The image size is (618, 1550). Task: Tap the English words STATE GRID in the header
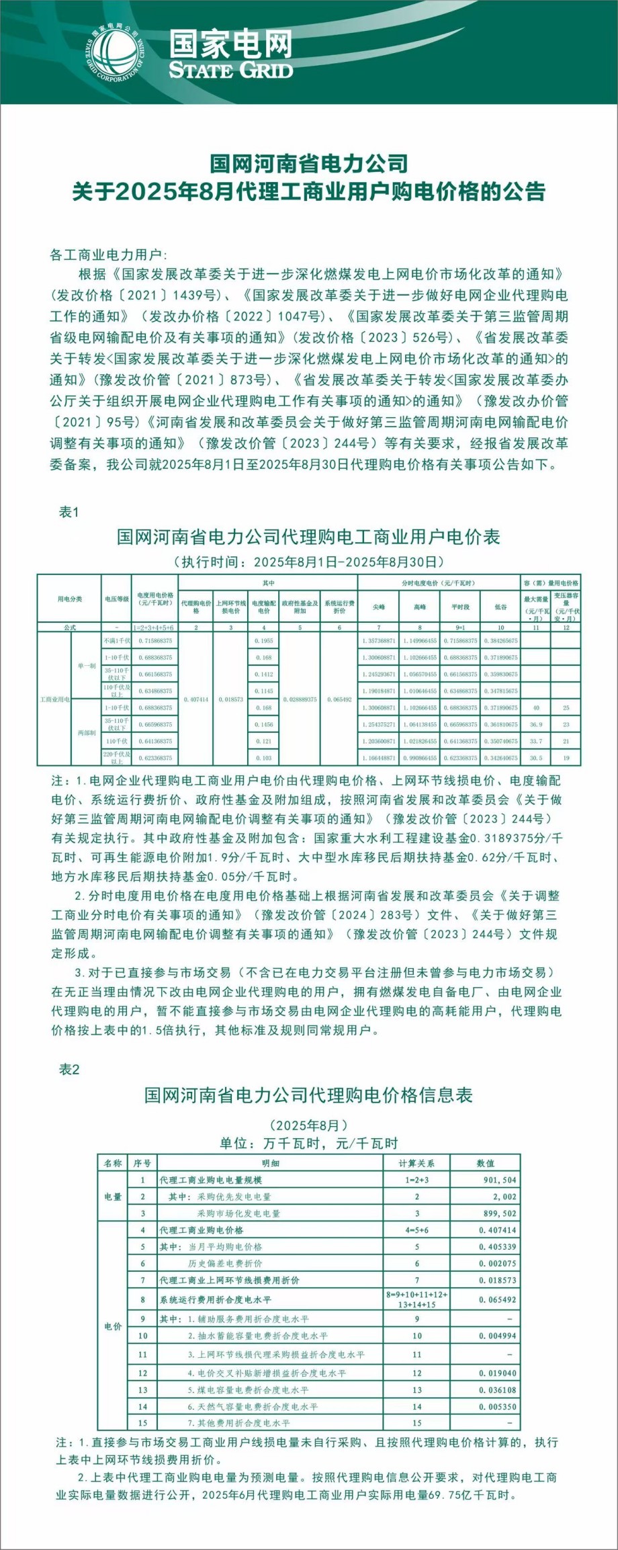(x=230, y=71)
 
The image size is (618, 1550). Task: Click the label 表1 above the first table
(x=69, y=512)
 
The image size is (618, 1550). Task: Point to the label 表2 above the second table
(x=69, y=1069)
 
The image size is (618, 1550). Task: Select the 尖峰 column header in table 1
(x=379, y=607)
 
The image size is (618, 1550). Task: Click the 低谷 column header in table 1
(x=500, y=607)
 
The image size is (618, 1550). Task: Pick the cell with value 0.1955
(x=264, y=641)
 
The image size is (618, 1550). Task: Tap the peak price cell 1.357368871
(x=380, y=641)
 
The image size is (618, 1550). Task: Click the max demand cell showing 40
(x=535, y=707)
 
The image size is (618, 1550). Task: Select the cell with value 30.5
(x=535, y=758)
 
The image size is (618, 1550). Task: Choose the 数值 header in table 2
(x=485, y=1163)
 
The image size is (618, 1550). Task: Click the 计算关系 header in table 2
(x=416, y=1163)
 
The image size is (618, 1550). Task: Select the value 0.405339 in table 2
(x=498, y=1247)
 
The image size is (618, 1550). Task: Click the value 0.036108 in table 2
(x=498, y=1390)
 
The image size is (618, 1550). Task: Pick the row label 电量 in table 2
(x=113, y=1197)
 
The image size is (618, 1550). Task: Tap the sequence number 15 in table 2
(x=142, y=1423)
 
